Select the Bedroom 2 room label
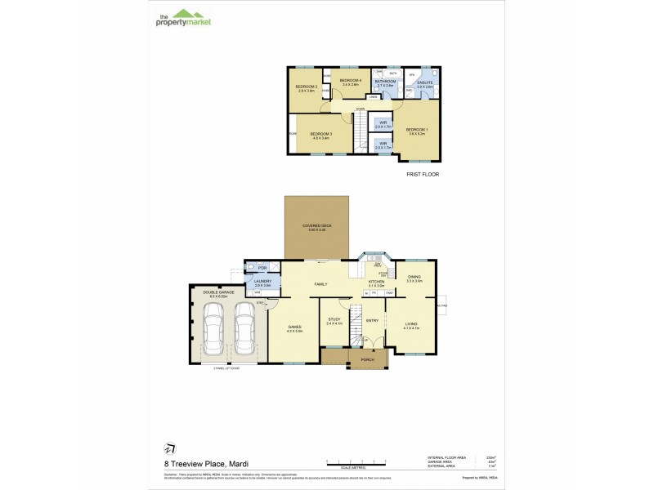point(307,88)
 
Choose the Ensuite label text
point(424,84)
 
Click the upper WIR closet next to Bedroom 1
point(383,126)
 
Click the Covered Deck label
point(316,227)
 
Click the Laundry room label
point(262,283)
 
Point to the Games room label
point(294,328)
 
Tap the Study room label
point(334,321)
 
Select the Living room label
point(411,326)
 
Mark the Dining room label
point(414,278)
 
